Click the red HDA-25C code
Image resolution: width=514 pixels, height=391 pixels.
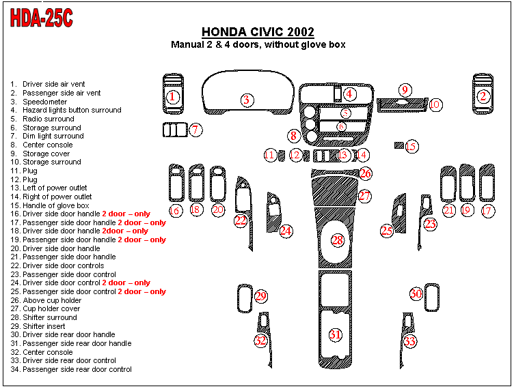[41, 18]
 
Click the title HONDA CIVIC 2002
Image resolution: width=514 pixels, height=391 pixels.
[258, 32]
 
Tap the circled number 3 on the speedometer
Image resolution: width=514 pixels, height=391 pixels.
[247, 100]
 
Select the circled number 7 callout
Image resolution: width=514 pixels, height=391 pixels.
[195, 130]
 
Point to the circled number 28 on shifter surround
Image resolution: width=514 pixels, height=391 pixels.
[338, 240]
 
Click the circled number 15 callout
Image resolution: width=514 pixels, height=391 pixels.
[411, 147]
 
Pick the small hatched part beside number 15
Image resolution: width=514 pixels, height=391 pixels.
[399, 145]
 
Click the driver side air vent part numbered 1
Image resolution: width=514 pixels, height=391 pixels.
[173, 94]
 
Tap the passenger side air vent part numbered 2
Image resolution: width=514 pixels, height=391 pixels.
[483, 94]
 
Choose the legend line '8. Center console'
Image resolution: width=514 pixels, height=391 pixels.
[41, 145]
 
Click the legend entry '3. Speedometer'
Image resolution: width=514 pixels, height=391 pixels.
[38, 102]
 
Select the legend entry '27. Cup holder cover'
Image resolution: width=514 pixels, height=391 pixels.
[45, 309]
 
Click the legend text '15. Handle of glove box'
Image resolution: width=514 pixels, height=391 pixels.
[49, 205]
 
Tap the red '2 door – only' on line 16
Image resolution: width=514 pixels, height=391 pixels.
[126, 214]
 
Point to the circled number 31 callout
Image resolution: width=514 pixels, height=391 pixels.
[336, 335]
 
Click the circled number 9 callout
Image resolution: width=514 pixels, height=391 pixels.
[405, 90]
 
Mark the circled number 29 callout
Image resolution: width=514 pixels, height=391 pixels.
[261, 296]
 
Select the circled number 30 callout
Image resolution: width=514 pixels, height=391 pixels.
[416, 293]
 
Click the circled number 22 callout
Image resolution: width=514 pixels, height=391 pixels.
[241, 221]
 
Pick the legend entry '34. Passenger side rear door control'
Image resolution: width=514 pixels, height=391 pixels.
[71, 369]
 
